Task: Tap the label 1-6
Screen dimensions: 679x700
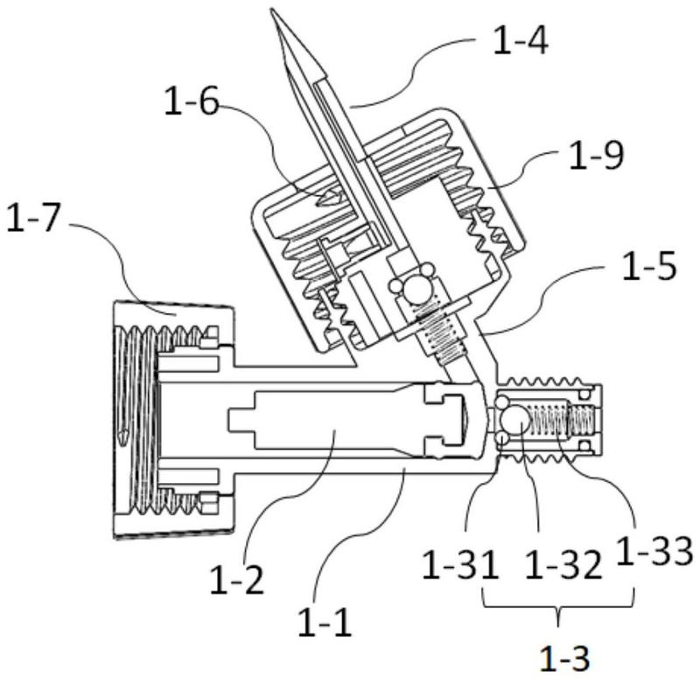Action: (x=190, y=103)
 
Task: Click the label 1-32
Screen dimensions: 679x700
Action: (x=563, y=565)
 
